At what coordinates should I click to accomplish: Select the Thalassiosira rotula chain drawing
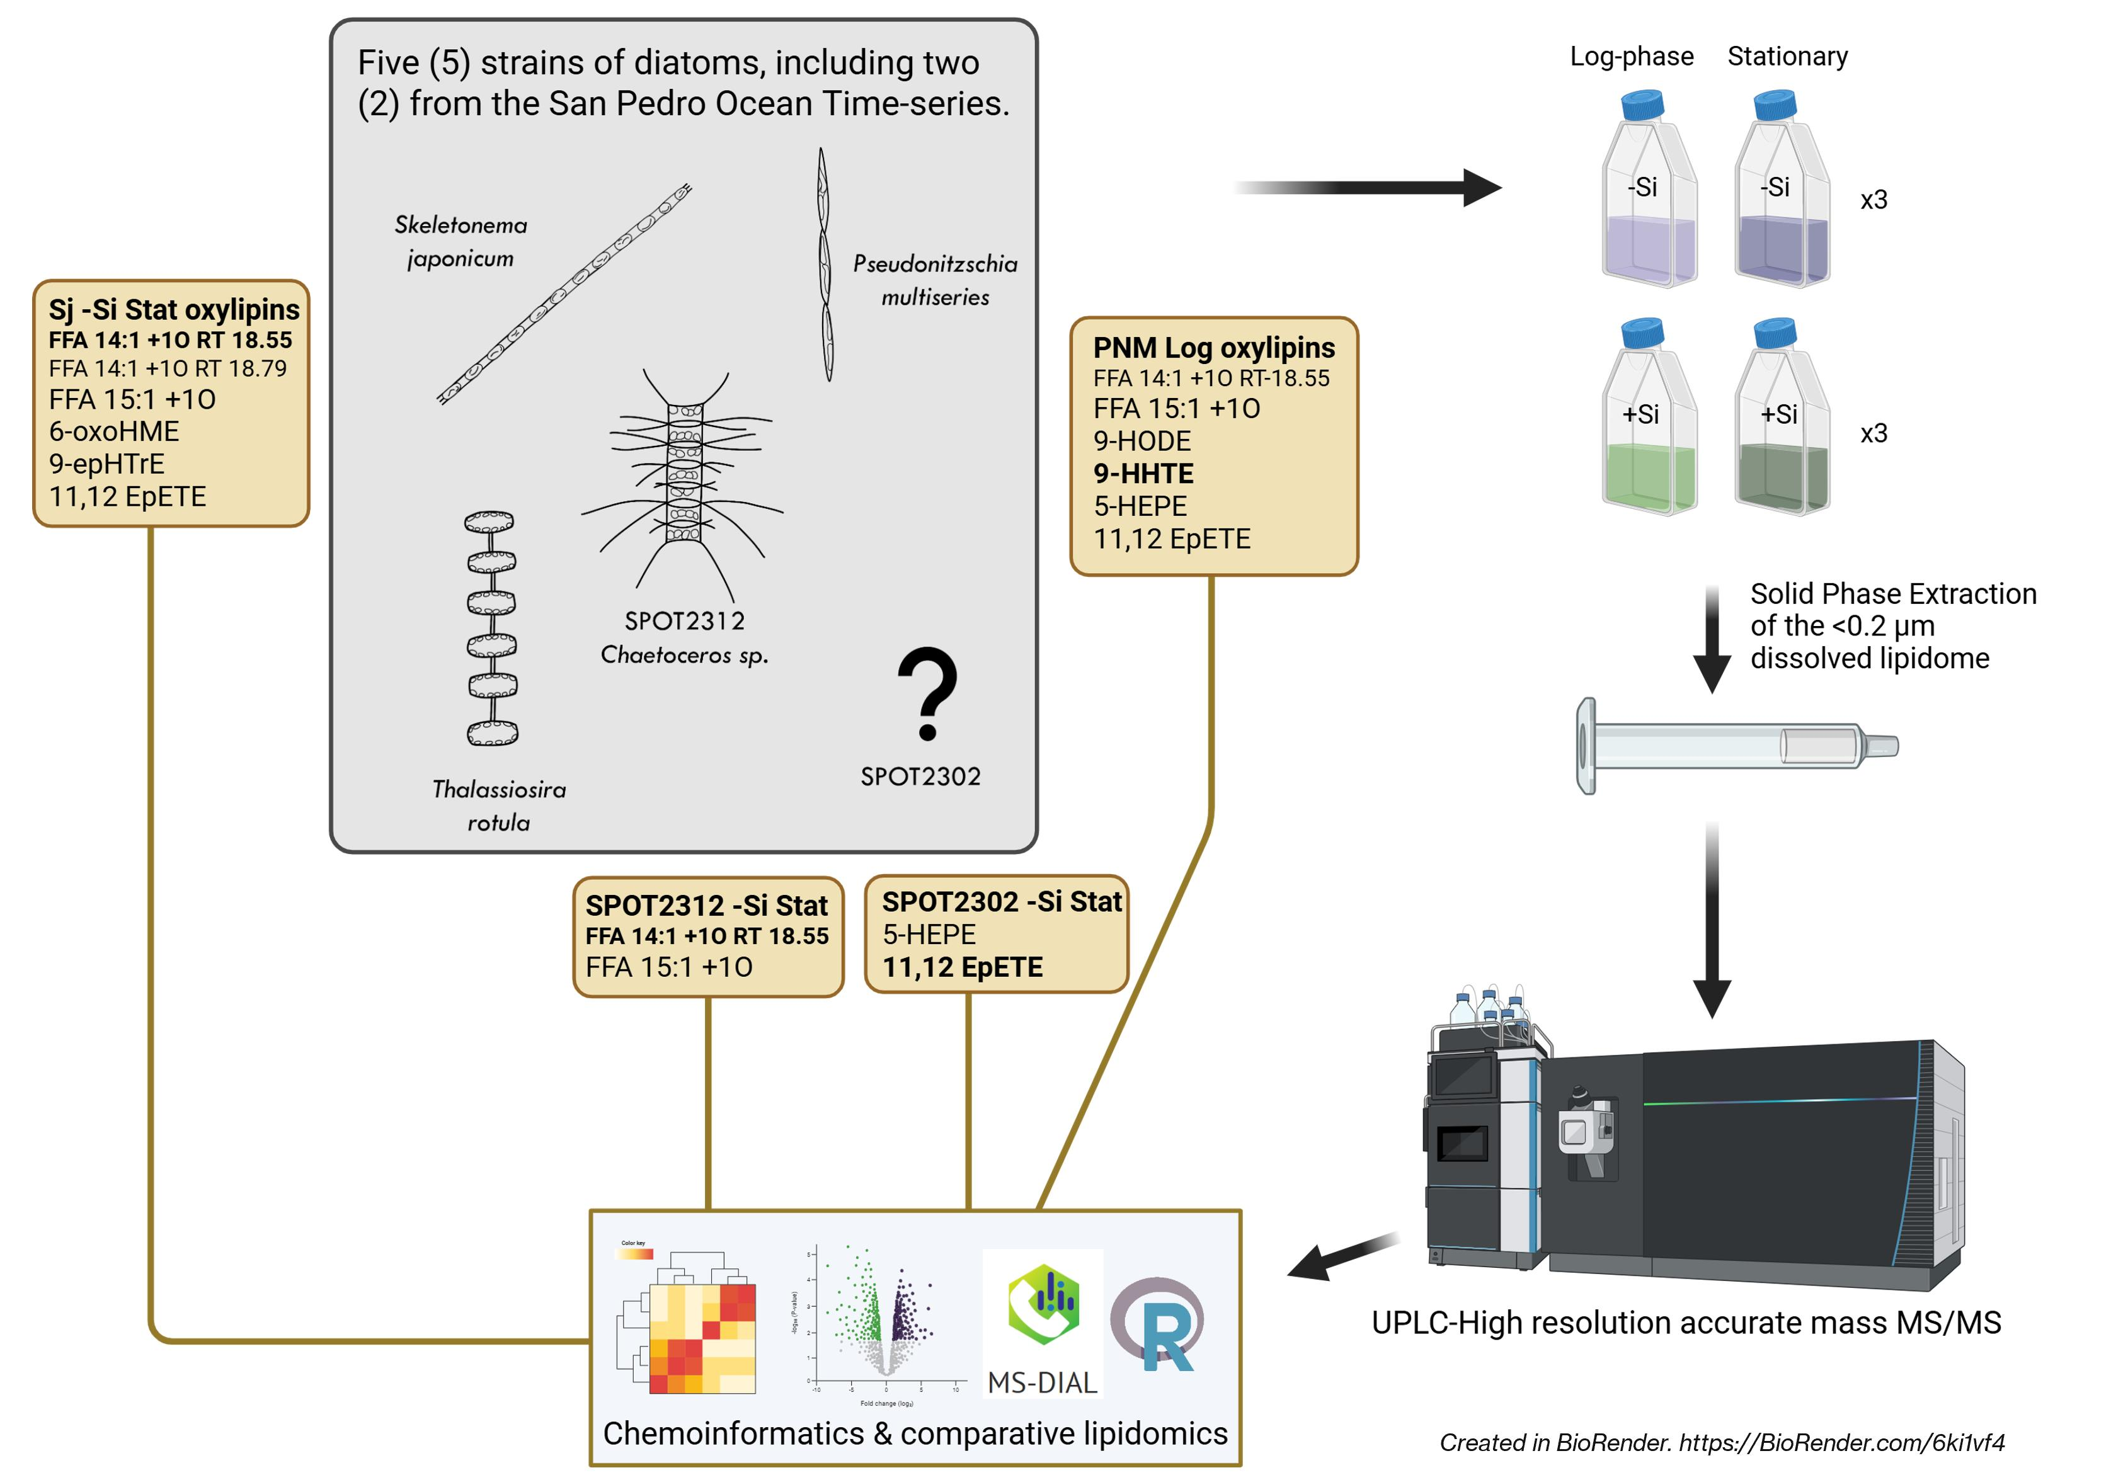coord(491,628)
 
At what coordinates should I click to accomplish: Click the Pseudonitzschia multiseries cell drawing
coord(825,265)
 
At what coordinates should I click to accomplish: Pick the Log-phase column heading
coord(1631,57)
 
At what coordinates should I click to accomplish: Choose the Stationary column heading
coord(1787,57)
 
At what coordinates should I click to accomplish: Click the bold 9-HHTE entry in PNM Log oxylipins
coord(1143,474)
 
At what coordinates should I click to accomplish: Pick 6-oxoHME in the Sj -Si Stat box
coord(114,431)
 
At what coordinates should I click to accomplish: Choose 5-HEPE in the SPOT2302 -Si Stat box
coord(929,935)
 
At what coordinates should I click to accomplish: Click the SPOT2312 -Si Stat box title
coord(706,906)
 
